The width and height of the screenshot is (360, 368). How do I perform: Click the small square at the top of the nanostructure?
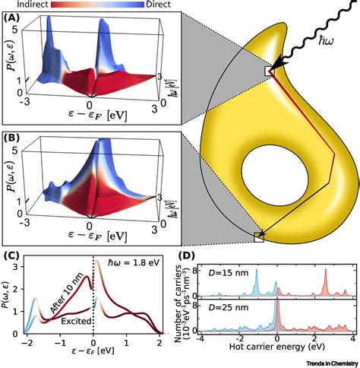tap(270, 71)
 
